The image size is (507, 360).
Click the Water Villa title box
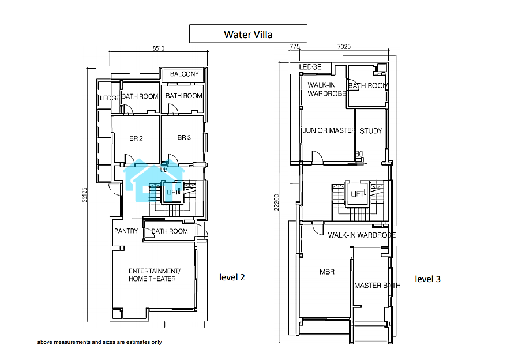pos(248,33)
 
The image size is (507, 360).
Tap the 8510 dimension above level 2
pos(159,48)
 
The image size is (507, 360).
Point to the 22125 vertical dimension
pos(84,195)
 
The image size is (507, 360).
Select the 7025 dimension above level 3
pos(344,47)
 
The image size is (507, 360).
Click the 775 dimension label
pos(295,47)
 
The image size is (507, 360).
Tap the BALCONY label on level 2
pos(185,74)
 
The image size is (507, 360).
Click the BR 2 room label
pos(136,138)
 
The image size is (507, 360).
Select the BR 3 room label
pos(184,137)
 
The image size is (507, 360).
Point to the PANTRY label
pos(126,231)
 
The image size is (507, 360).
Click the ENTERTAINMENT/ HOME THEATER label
pos(154,275)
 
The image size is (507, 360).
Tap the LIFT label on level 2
pos(172,193)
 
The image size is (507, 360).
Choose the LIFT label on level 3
pos(357,194)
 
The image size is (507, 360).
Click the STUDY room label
pos(371,131)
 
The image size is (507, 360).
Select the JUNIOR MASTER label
pos(329,130)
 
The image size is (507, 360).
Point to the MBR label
pos(327,272)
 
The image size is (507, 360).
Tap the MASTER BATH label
pos(377,285)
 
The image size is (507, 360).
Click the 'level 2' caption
pos(232,277)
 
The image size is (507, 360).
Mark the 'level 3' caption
pos(427,279)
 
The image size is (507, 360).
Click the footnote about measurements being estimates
pos(100,342)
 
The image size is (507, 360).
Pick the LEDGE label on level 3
pos(310,67)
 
